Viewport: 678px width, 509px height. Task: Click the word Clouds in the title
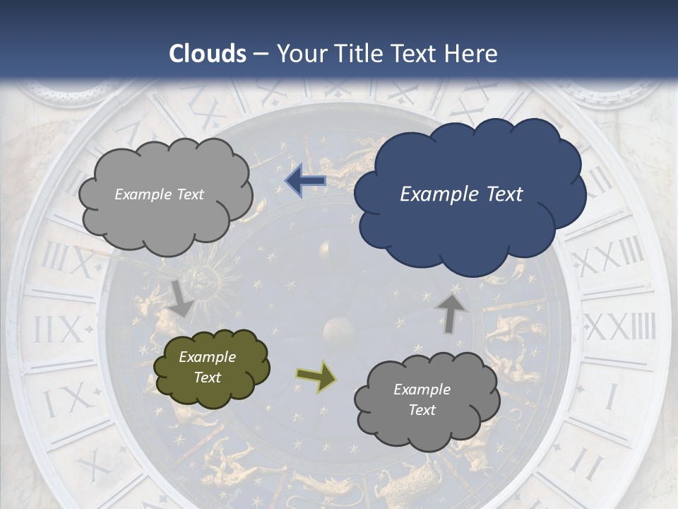(x=208, y=54)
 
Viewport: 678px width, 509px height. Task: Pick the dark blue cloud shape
(x=469, y=194)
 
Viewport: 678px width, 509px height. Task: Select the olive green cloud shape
(x=211, y=368)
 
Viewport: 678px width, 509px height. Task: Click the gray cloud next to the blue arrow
(x=165, y=194)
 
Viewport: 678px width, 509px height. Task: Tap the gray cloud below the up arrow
(x=426, y=400)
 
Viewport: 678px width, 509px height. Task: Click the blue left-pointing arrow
(x=305, y=182)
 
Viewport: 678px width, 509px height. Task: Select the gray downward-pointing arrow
(x=181, y=298)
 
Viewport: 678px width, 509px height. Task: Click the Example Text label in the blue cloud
(x=461, y=194)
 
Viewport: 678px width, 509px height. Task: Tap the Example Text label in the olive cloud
(x=208, y=367)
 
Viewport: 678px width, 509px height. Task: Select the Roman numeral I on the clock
(x=612, y=396)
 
